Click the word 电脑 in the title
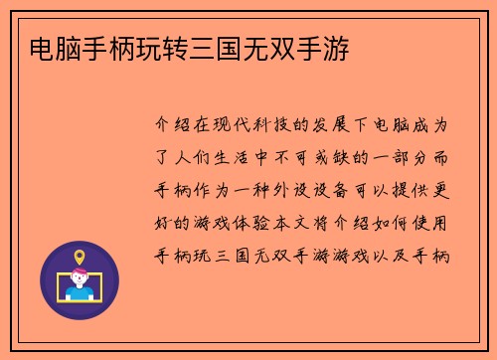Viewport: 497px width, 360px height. coord(56,47)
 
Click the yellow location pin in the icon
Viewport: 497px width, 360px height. coord(80,257)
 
